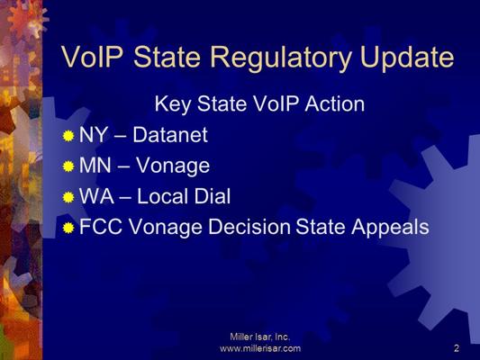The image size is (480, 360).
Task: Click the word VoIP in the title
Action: click(92, 57)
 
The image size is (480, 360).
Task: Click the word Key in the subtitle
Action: click(172, 105)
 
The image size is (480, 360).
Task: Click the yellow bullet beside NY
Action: click(68, 136)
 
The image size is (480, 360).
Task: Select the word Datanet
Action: click(170, 135)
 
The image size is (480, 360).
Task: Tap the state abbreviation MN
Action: click(95, 166)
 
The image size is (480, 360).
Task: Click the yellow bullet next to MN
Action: click(68, 166)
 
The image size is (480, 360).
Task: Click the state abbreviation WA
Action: click(96, 196)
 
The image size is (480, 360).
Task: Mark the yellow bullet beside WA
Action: click(68, 197)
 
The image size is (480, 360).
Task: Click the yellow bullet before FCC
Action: click(68, 228)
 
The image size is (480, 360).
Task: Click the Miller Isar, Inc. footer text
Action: click(260, 337)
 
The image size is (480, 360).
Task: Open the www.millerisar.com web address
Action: click(260, 348)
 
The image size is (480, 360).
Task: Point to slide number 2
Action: click(457, 348)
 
